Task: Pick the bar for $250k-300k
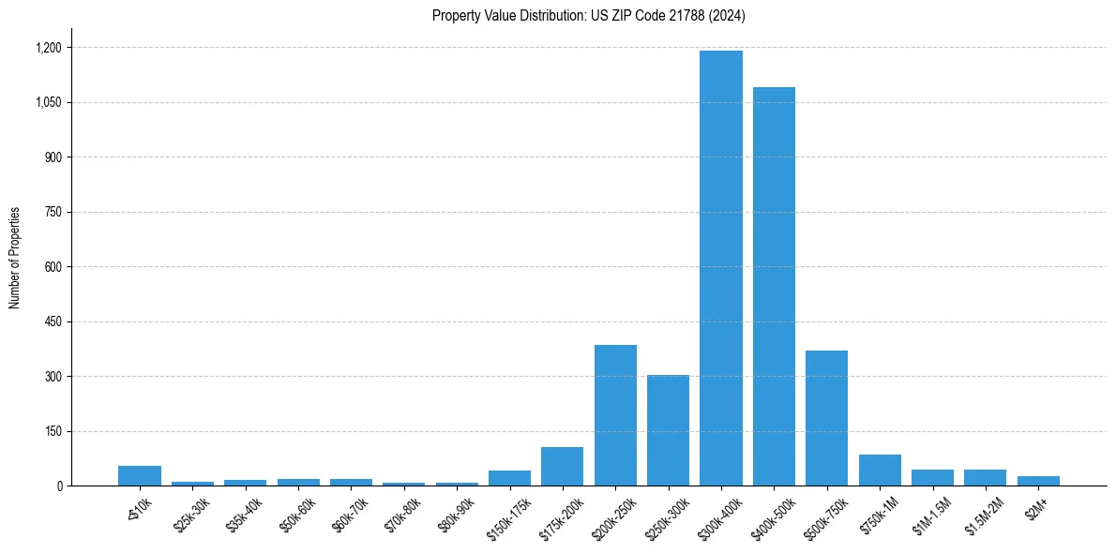668,430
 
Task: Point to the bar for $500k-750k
826,418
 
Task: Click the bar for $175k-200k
562,467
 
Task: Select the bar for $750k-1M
880,471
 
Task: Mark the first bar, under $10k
139,476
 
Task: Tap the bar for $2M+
1038,481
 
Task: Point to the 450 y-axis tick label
53,322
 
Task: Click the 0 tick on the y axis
59,486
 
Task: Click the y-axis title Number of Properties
14,258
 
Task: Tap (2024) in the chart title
726,15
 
